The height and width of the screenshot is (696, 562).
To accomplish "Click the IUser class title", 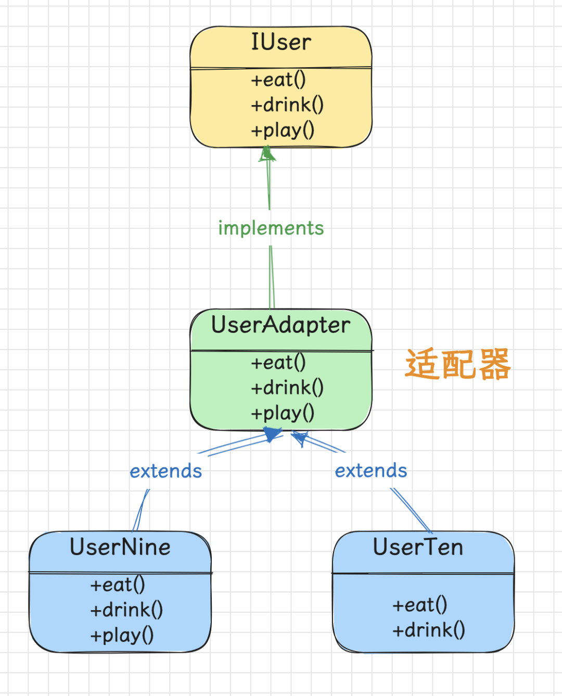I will point(281,42).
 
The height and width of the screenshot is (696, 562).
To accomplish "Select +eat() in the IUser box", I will point(278,80).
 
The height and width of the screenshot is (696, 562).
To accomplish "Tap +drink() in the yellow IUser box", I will point(287,105).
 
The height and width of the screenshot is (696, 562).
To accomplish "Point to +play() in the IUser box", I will point(283,130).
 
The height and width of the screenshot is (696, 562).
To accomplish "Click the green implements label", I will point(271,228).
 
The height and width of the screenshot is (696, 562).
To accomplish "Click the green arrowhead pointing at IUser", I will point(267,154).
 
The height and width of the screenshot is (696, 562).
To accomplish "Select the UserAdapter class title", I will point(280,325).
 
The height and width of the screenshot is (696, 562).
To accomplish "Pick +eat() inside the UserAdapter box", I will point(278,363).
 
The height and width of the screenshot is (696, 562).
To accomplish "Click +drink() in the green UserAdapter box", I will point(287,388).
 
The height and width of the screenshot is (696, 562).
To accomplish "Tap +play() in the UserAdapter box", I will point(283,413).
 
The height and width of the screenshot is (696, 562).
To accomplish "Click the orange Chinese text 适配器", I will point(458,364).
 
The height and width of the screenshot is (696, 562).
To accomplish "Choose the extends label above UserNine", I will point(165,471).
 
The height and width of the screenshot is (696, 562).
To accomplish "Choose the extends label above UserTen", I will point(371,471).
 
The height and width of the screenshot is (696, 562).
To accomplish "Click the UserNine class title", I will point(120,547).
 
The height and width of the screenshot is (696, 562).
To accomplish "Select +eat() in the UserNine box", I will point(118,585).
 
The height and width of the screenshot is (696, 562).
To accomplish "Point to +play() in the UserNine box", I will point(122,635).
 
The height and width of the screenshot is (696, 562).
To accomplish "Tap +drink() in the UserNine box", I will point(126,610).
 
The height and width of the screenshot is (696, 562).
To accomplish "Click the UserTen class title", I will point(418,547).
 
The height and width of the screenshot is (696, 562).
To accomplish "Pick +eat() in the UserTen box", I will point(419,605).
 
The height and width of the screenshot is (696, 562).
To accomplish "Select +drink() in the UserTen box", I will point(428,630).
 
